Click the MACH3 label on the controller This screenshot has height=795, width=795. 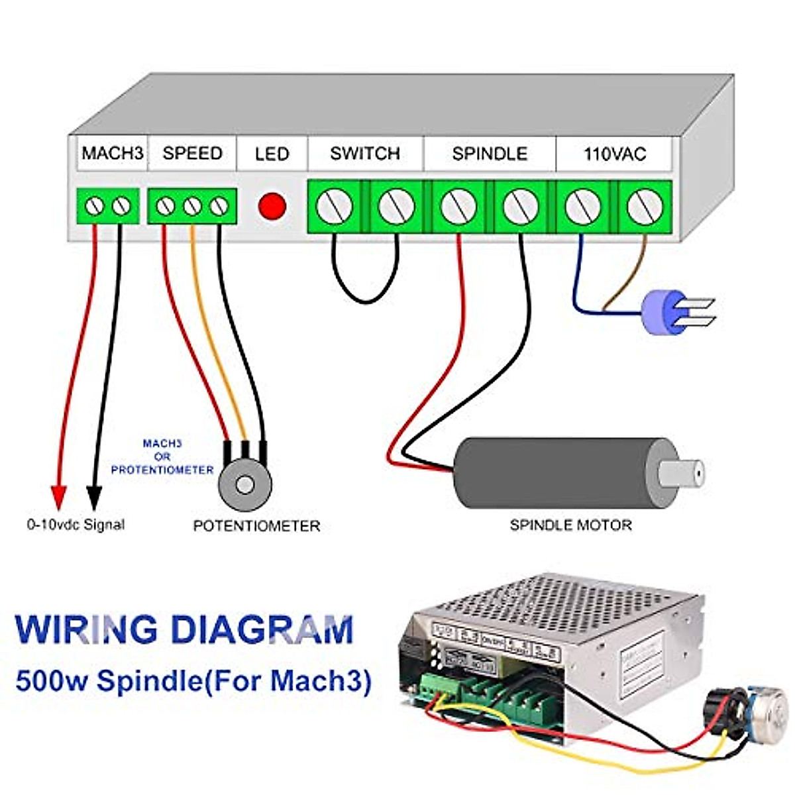click(112, 154)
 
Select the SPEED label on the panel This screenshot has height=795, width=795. click(192, 154)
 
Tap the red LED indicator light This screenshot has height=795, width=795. click(272, 206)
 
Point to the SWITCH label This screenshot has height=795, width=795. click(365, 154)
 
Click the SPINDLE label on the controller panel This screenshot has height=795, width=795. click(490, 154)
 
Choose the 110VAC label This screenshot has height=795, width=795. click(614, 154)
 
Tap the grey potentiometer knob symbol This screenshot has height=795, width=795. click(245, 484)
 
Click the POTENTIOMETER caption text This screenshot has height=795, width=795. click(256, 526)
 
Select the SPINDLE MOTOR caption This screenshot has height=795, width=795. click(570, 525)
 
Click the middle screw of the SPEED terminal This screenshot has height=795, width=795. click(192, 207)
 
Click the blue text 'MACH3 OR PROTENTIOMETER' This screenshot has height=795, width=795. click(162, 456)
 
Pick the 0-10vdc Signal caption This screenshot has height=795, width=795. click(76, 525)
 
